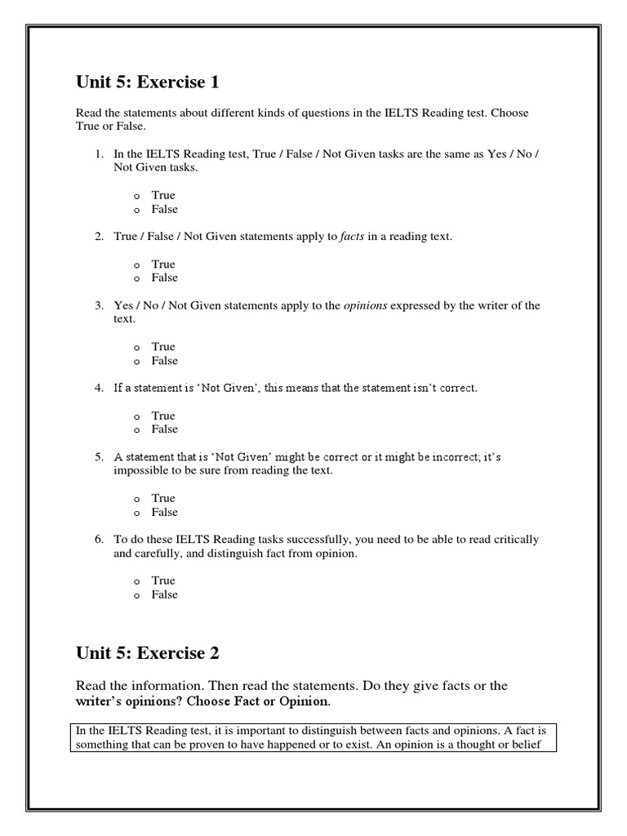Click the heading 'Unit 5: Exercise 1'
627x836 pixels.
tap(148, 82)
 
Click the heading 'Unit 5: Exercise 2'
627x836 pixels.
tap(148, 653)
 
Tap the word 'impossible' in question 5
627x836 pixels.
tap(138, 471)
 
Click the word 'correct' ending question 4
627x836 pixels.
tap(457, 388)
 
